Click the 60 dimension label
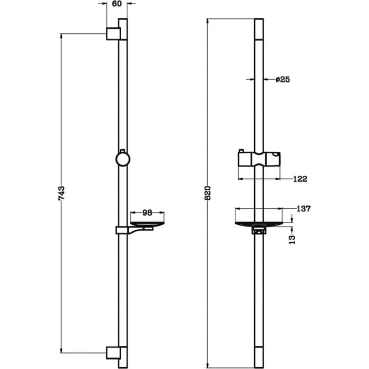(116, 4)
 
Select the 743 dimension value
(61, 193)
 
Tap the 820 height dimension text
(208, 193)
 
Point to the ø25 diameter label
(283, 80)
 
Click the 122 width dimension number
(300, 179)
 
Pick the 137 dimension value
(304, 209)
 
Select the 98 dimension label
(147, 213)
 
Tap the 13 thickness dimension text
(292, 239)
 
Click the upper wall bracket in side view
(113, 34)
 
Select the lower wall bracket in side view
(113, 353)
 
